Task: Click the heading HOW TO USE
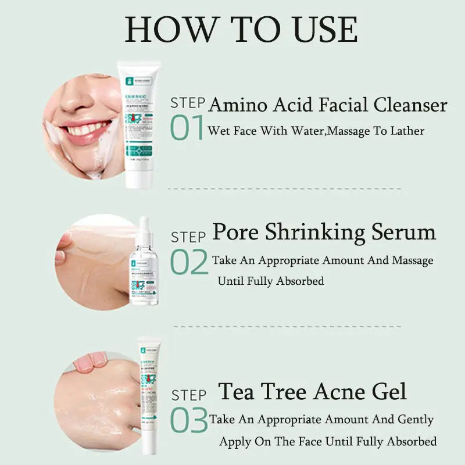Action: (x=241, y=29)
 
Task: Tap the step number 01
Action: (x=187, y=128)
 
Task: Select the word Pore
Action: (x=236, y=233)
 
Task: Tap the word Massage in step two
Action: (x=412, y=260)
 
